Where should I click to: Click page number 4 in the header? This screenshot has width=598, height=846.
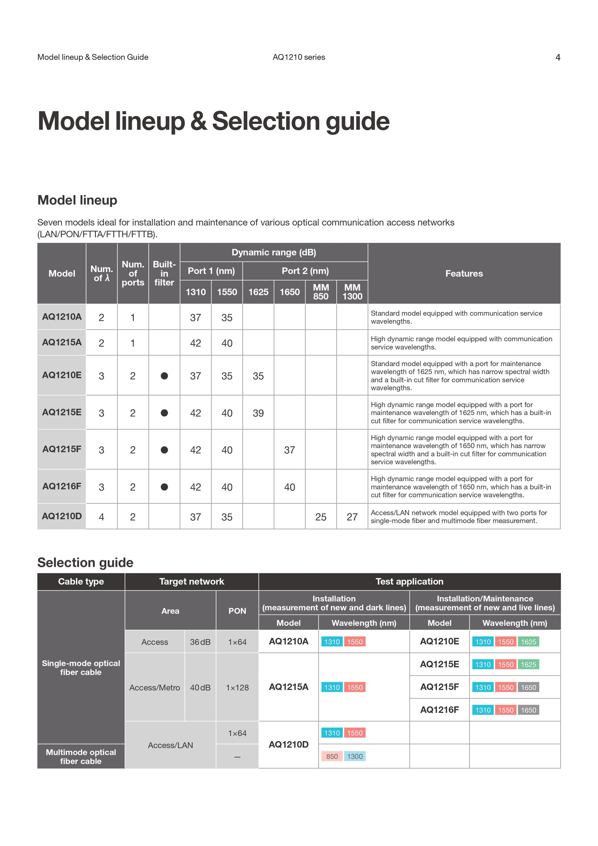[x=557, y=57]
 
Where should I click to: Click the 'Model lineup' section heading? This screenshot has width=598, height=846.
[x=77, y=200]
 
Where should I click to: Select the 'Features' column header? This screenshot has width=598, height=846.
[x=464, y=273]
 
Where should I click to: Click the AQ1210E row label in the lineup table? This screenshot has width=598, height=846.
[x=62, y=375]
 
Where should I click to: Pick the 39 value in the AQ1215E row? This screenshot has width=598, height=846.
[x=258, y=413]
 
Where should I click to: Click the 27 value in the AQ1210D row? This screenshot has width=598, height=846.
[x=352, y=517]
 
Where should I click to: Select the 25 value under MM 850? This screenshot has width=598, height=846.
[x=321, y=517]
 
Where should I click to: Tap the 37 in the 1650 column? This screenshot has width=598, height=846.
[x=289, y=450]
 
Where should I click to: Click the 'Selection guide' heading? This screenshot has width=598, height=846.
[x=85, y=563]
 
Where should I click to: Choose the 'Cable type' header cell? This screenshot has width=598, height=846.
[x=81, y=581]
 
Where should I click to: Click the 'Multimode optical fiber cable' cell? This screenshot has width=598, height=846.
[x=81, y=757]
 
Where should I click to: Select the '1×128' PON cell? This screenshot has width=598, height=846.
[x=237, y=688]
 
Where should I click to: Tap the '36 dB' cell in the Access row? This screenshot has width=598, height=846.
[x=200, y=642]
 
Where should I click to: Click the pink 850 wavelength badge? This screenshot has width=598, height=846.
[x=332, y=757]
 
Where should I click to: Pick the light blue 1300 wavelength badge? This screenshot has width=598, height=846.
[x=355, y=757]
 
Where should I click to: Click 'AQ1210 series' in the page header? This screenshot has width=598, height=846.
[x=299, y=57]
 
